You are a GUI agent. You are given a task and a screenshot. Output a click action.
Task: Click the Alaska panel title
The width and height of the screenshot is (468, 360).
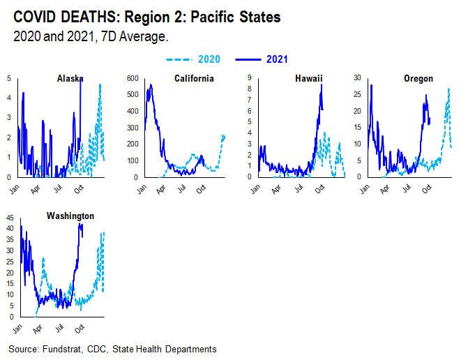[x=71, y=78]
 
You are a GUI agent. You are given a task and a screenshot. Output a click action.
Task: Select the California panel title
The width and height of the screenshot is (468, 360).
[x=193, y=78]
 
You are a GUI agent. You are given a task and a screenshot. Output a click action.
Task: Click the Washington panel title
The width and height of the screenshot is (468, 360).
[x=70, y=216]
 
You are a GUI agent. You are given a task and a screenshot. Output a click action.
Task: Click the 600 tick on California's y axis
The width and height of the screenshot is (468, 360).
[x=133, y=78]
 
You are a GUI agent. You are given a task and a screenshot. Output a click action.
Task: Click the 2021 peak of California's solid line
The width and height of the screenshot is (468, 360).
[x=151, y=85]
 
